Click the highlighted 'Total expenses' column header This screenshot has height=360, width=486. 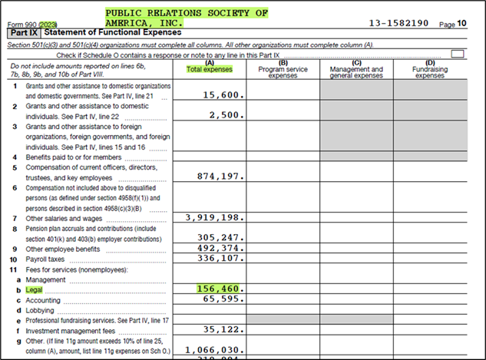(x=210, y=70)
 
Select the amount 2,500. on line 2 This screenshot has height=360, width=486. (x=226, y=115)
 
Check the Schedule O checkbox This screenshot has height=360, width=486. (x=458, y=54)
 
